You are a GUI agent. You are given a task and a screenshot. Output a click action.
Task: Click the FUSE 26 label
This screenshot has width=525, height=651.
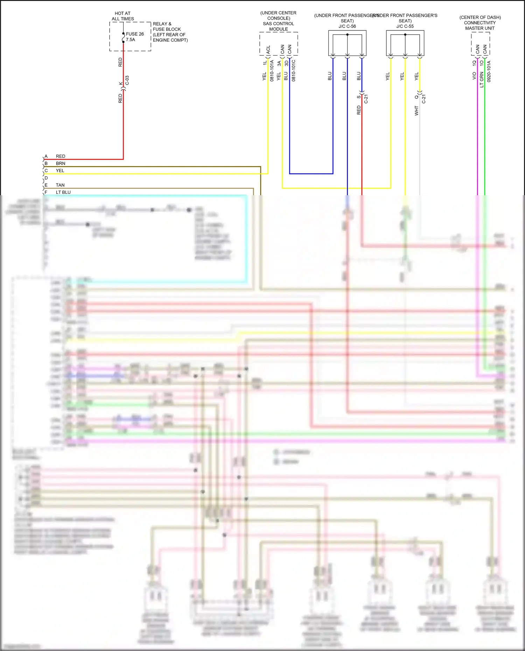click(135, 34)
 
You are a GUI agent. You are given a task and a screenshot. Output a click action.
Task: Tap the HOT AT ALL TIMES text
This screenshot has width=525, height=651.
click(122, 16)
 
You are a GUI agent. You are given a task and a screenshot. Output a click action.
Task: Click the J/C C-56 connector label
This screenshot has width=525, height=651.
click(347, 26)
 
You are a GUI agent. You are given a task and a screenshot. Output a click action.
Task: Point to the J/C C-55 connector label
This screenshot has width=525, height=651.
click(405, 26)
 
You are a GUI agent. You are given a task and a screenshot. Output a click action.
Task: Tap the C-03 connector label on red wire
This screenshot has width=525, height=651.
click(127, 80)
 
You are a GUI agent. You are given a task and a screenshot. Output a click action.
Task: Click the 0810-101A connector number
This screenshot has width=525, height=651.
click(272, 71)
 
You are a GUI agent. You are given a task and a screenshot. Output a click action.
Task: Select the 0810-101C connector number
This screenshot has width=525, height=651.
click(294, 71)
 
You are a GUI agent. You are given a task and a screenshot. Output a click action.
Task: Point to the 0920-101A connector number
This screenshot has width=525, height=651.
click(489, 71)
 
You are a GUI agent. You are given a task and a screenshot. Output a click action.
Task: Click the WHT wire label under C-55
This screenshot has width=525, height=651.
click(416, 111)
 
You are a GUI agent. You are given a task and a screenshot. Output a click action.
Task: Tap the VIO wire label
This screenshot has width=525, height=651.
click(474, 76)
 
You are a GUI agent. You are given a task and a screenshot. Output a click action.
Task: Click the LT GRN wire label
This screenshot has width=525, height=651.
click(482, 80)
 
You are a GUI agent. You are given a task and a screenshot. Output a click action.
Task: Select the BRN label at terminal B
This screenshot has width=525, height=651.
click(61, 163)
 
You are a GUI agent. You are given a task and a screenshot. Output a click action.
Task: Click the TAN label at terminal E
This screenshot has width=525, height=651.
click(60, 185)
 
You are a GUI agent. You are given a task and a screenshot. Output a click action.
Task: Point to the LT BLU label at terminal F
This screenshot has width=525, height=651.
click(63, 192)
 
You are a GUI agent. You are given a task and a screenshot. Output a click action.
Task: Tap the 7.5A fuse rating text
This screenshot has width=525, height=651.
click(131, 40)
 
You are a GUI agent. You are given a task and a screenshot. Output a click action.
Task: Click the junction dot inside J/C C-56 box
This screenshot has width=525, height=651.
click(347, 35)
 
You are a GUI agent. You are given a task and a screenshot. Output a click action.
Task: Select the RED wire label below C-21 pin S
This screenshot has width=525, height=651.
click(358, 110)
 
